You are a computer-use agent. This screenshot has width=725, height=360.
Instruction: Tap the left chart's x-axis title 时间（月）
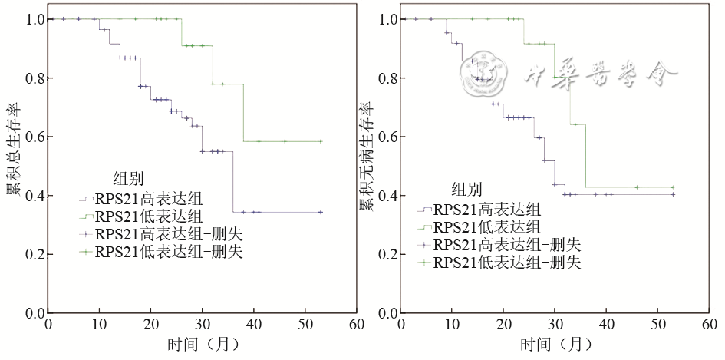tap(202, 345)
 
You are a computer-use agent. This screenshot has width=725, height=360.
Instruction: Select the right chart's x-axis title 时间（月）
tap(555, 345)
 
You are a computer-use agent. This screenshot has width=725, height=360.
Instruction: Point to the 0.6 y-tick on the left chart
tap(31, 137)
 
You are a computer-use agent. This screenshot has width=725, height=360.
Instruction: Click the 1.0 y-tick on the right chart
tap(384, 19)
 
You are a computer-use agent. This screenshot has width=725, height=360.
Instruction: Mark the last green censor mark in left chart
tap(320, 141)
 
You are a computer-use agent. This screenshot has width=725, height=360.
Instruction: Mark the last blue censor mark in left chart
tap(320, 212)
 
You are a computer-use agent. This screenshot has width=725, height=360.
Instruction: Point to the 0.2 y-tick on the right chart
tap(384, 255)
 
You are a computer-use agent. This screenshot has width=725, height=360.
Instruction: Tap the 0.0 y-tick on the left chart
tap(31, 314)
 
